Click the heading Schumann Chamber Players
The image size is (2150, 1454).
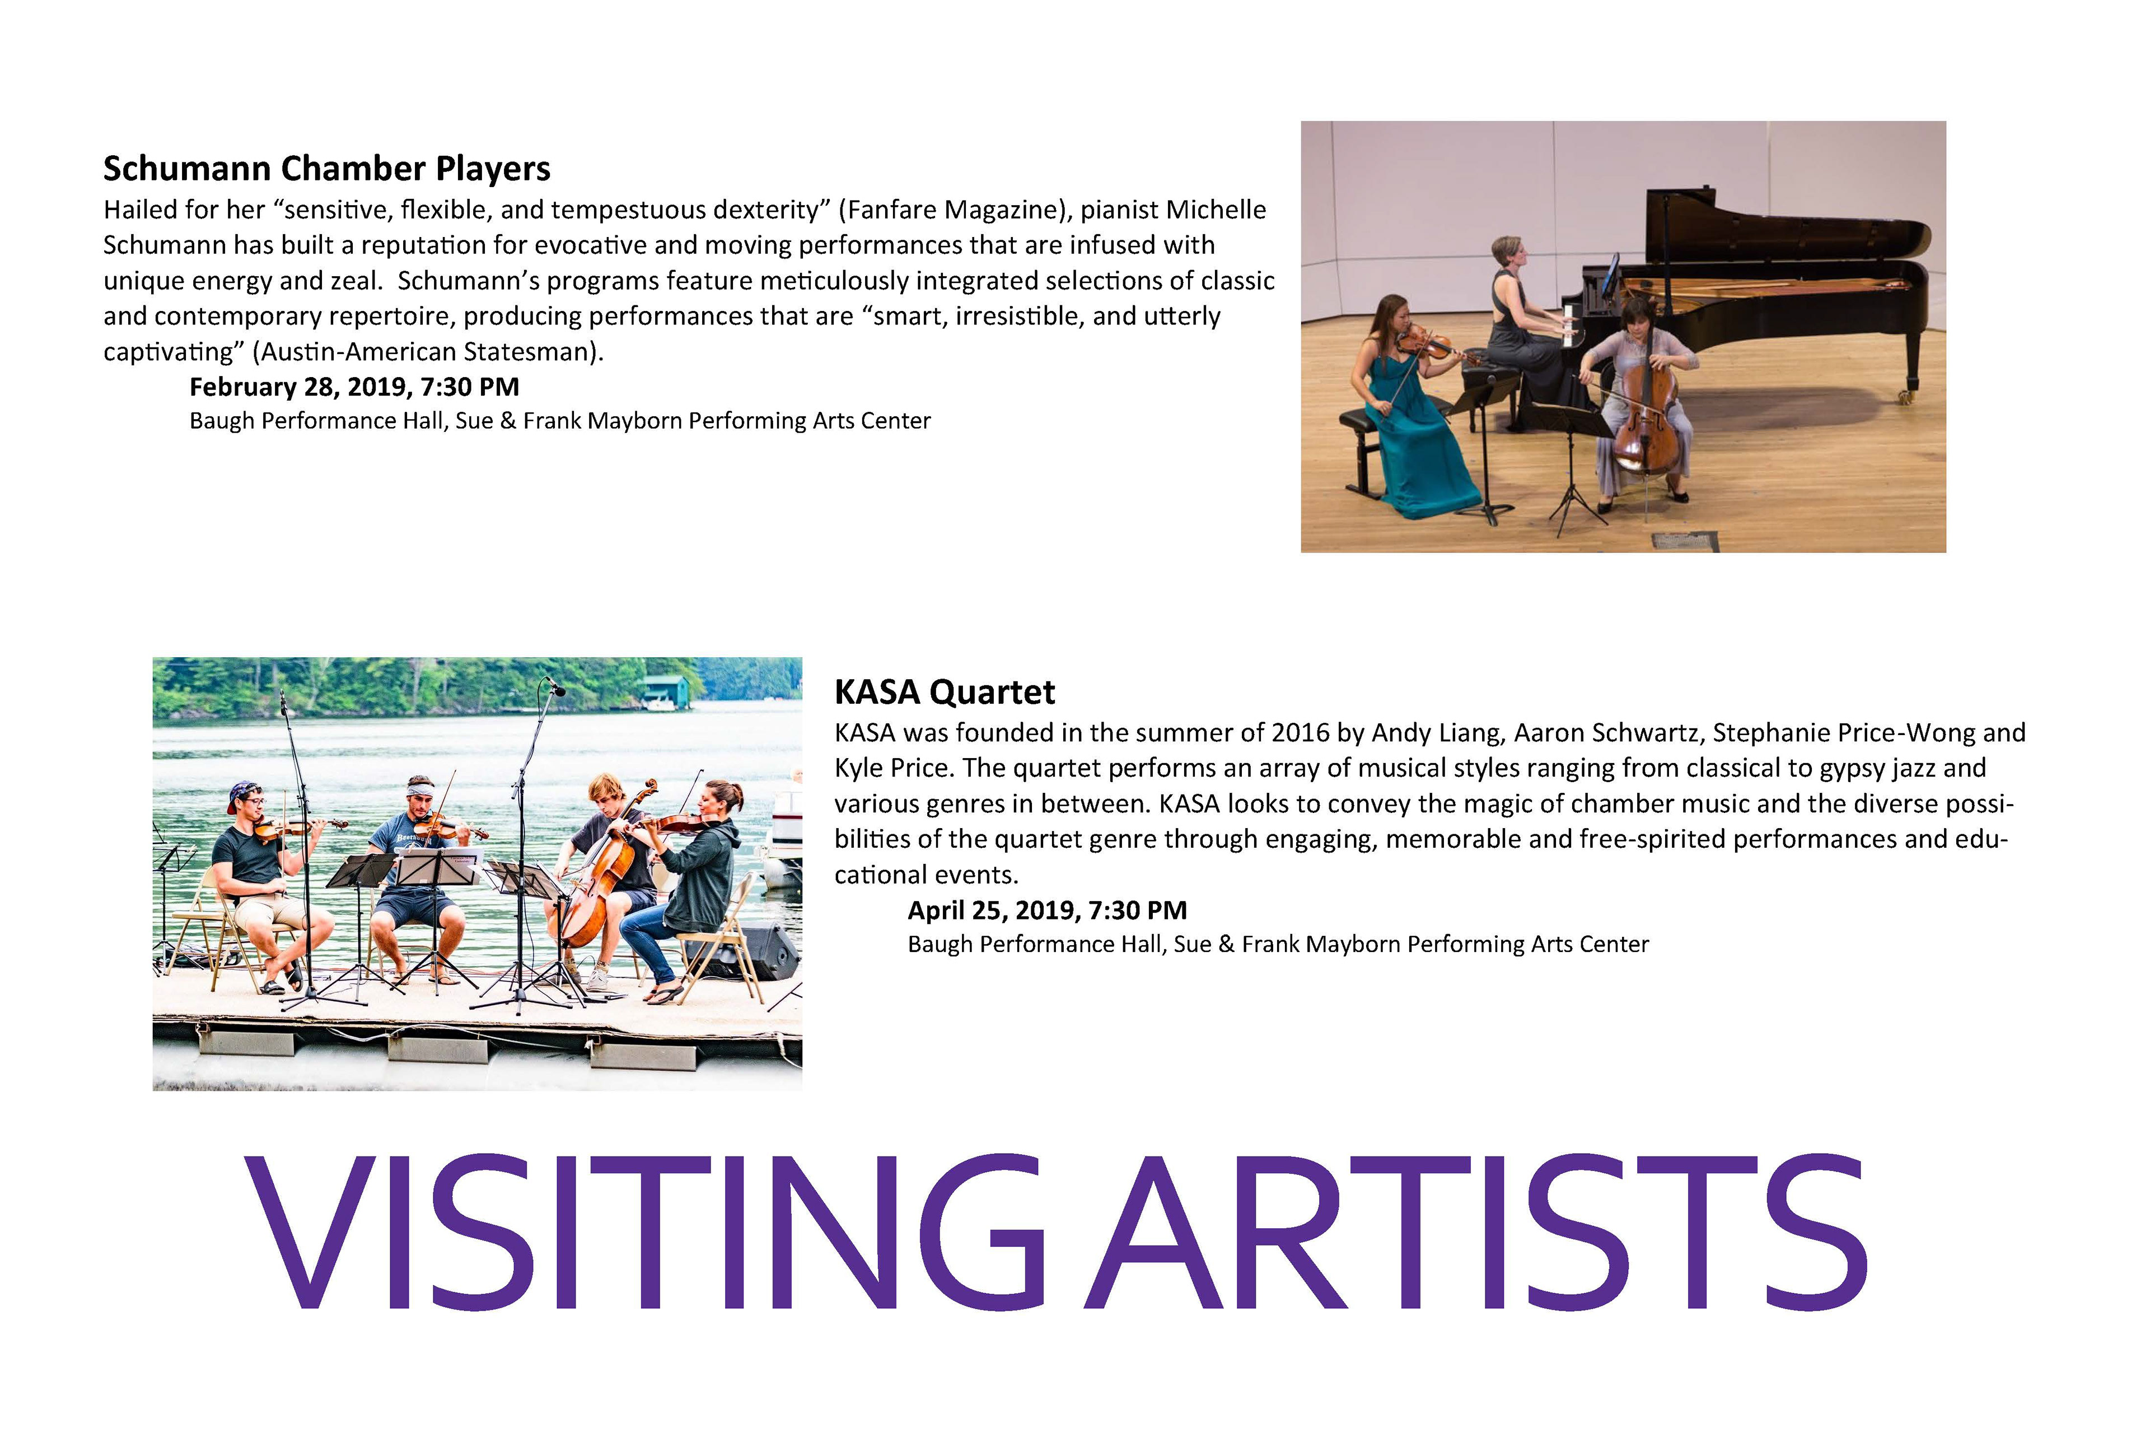click(x=326, y=169)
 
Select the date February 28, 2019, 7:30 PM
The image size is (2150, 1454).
click(x=354, y=387)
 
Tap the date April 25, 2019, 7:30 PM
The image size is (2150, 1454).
click(x=1047, y=911)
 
